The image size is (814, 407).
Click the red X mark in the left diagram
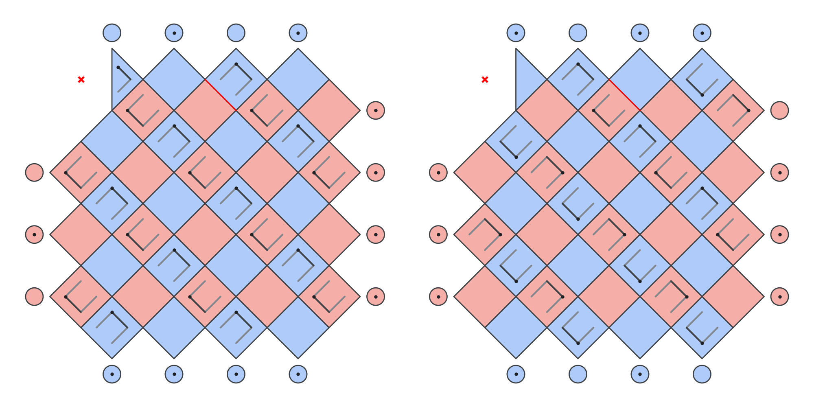tap(81, 79)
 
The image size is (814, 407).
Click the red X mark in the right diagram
tap(485, 79)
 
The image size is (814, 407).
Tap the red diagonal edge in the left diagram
tap(221, 95)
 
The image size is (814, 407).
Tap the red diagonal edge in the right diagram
tap(624, 95)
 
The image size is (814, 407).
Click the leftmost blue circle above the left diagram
tap(112, 33)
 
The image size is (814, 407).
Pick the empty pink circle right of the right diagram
tap(779, 110)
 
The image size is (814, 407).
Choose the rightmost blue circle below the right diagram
tap(702, 374)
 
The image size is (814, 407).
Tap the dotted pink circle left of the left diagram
tap(34, 234)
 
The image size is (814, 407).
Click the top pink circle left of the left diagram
tap(34, 173)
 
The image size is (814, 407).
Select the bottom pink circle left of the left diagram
tap(34, 297)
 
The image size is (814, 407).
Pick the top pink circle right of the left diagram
tap(375, 110)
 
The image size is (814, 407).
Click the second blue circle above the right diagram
tap(578, 33)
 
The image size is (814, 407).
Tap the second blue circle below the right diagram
tap(578, 374)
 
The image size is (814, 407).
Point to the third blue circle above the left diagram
tap(236, 33)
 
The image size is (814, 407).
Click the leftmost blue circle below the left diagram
tap(112, 374)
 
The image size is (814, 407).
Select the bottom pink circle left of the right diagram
tap(438, 297)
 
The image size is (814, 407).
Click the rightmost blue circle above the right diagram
tap(702, 33)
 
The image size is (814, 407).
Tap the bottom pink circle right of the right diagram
tap(779, 297)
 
